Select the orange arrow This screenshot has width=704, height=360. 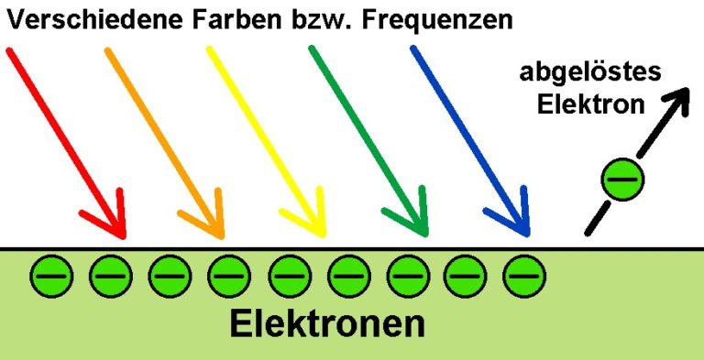pyautogui.click(x=165, y=137)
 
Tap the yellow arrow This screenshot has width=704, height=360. pyautogui.click(x=266, y=137)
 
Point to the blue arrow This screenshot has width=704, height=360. pyautogui.click(x=469, y=137)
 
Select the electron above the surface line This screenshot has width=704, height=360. pyautogui.click(x=623, y=177)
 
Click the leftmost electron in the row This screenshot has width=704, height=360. pyautogui.click(x=51, y=274)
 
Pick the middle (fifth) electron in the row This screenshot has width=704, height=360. pyautogui.click(x=288, y=274)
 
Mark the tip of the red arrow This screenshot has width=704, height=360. pyautogui.click(x=121, y=235)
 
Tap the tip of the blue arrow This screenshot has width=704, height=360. pyautogui.click(x=526, y=235)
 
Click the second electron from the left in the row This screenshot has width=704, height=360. pyautogui.click(x=110, y=274)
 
